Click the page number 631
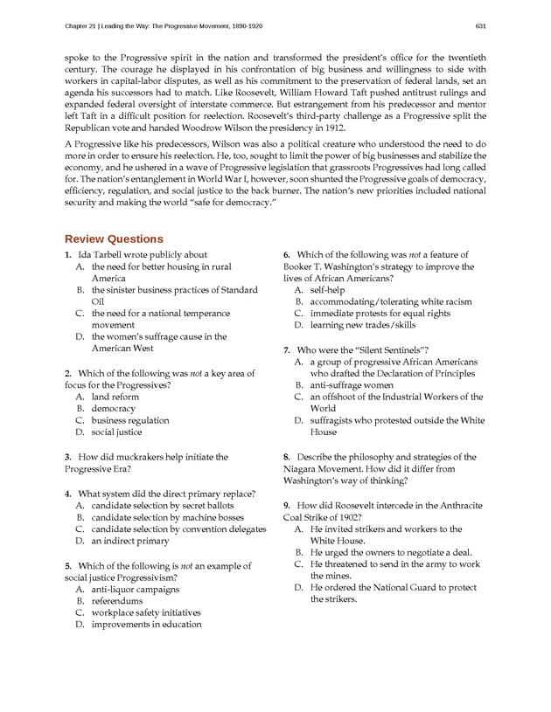pos(480,24)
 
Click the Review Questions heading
pos(114,238)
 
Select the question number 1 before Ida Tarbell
pos(67,254)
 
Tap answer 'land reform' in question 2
pos(115,397)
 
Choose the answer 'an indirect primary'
pos(130,541)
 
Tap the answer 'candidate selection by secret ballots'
pos(163,505)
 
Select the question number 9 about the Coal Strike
pos(287,505)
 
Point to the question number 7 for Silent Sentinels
pos(287,349)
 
